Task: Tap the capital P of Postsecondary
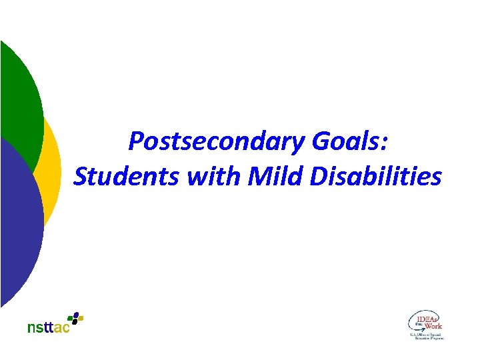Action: tap(137, 141)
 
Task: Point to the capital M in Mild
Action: tap(257, 177)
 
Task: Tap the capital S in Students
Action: tap(81, 177)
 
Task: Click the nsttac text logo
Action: tap(48, 327)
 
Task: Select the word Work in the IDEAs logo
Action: tap(433, 326)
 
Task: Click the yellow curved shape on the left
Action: tap(52, 167)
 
